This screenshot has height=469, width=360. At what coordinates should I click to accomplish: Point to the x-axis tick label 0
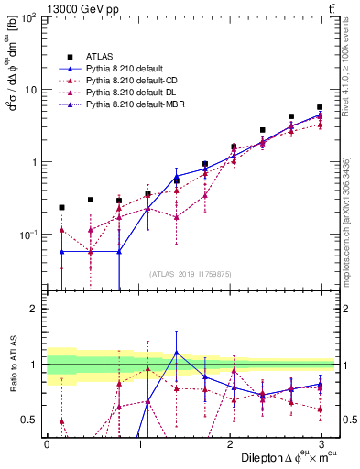(x=47, y=443)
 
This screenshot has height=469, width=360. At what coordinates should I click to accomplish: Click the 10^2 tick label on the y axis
(x=27, y=18)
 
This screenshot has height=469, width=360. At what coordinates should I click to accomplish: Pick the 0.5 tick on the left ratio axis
(x=29, y=420)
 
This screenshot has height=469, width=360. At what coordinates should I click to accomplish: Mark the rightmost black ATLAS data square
(x=320, y=107)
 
